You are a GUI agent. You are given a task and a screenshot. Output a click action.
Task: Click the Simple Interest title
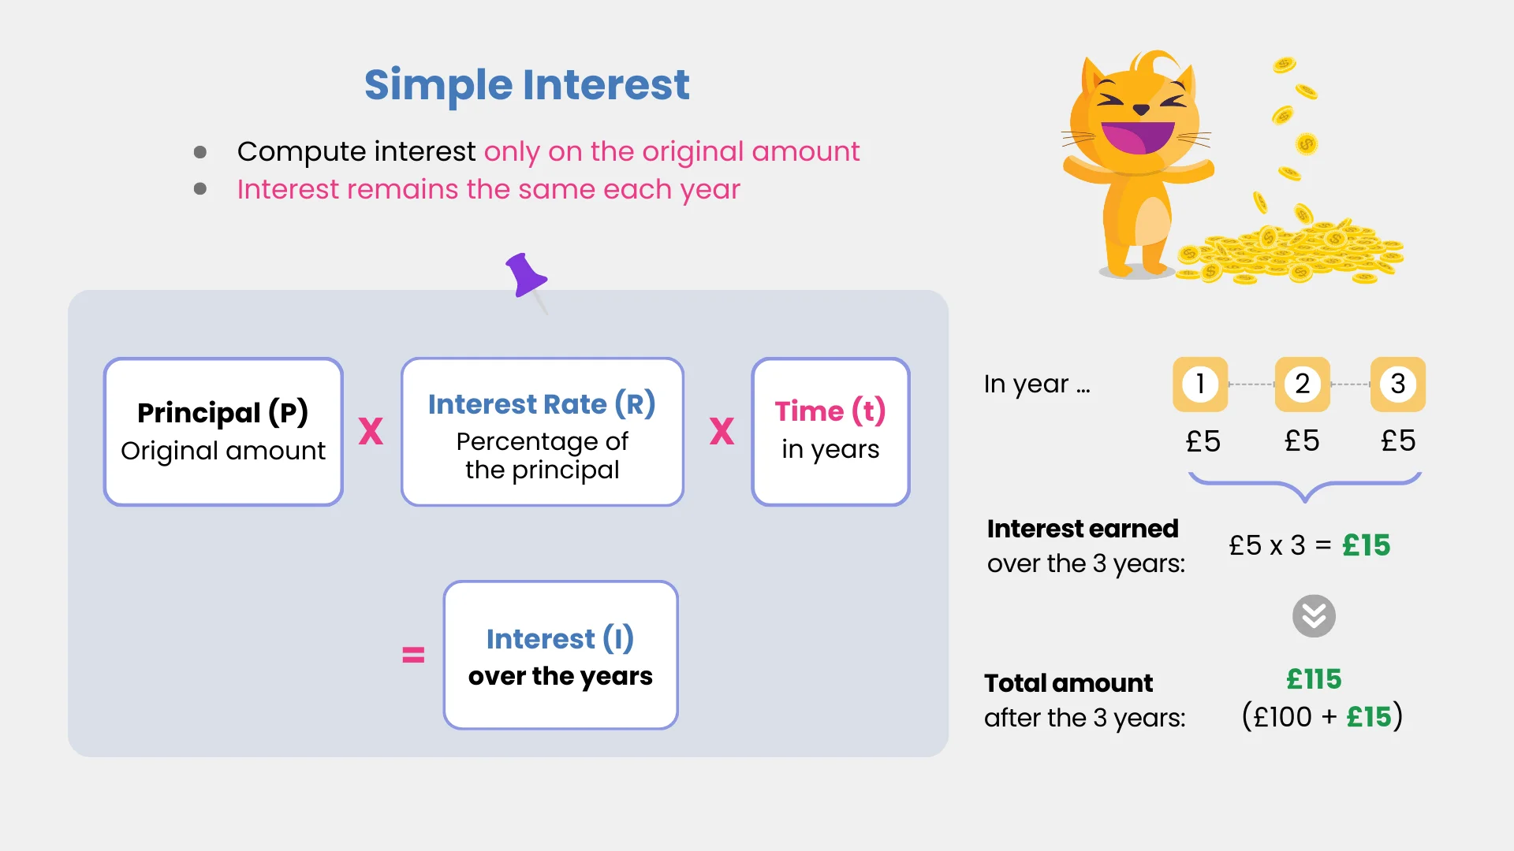pos(527,85)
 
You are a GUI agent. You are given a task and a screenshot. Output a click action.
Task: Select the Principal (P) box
pos(223,432)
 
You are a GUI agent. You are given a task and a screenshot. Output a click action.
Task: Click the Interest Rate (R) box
pos(542,432)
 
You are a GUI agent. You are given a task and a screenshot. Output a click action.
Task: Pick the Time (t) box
pos(830,432)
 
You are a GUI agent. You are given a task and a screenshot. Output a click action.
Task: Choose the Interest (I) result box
pos(561,656)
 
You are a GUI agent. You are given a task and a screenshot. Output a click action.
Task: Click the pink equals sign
pos(413,655)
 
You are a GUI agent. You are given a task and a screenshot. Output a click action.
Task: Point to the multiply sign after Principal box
pos(371,432)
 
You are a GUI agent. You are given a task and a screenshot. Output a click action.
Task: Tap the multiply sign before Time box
pos(722,432)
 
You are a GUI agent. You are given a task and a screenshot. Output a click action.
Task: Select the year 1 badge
pos(1200,385)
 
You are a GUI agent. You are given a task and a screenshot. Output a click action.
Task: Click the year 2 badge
pos(1303,385)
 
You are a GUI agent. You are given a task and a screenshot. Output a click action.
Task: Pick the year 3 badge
pos(1398,385)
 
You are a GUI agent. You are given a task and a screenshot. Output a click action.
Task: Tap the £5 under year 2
pos(1302,441)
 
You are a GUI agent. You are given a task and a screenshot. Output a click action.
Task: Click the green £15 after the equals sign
pos(1367,545)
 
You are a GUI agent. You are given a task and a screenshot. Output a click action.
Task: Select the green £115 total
pos(1314,679)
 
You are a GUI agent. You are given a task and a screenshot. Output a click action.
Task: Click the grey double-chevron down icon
pos(1314,616)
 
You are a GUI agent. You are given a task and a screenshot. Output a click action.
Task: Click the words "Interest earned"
pos(1083,529)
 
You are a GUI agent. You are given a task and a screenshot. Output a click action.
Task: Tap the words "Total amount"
pos(1068,683)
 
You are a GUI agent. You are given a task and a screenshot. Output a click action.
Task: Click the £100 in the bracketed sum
pos(1283,717)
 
